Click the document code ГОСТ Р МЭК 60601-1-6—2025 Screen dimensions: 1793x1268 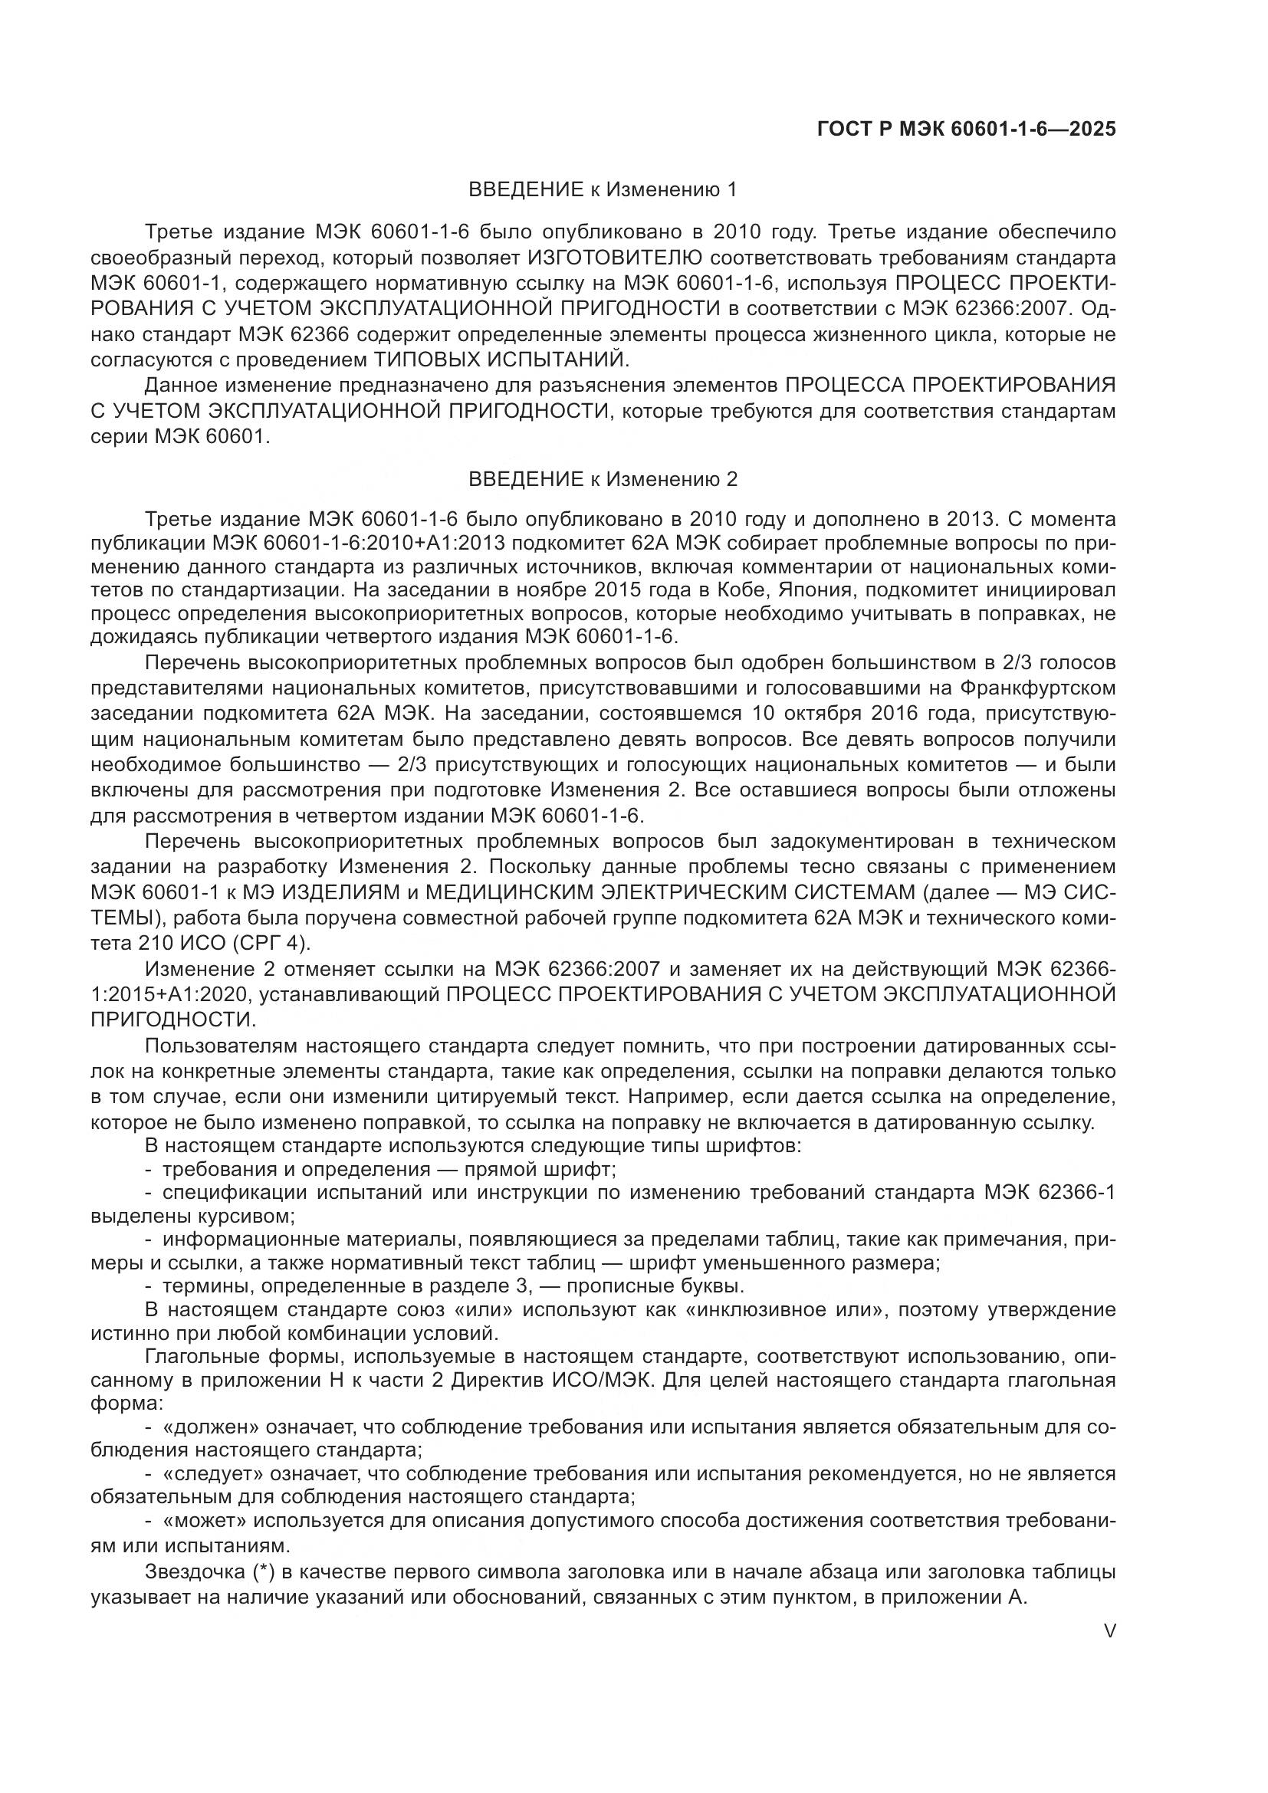click(x=966, y=129)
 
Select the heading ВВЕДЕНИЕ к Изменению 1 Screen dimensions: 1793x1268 click(x=602, y=190)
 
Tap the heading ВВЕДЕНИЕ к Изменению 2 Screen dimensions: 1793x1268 click(x=602, y=478)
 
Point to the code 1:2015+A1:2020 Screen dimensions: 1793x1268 click(x=169, y=994)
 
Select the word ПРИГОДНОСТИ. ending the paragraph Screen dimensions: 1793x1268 click(x=172, y=1019)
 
